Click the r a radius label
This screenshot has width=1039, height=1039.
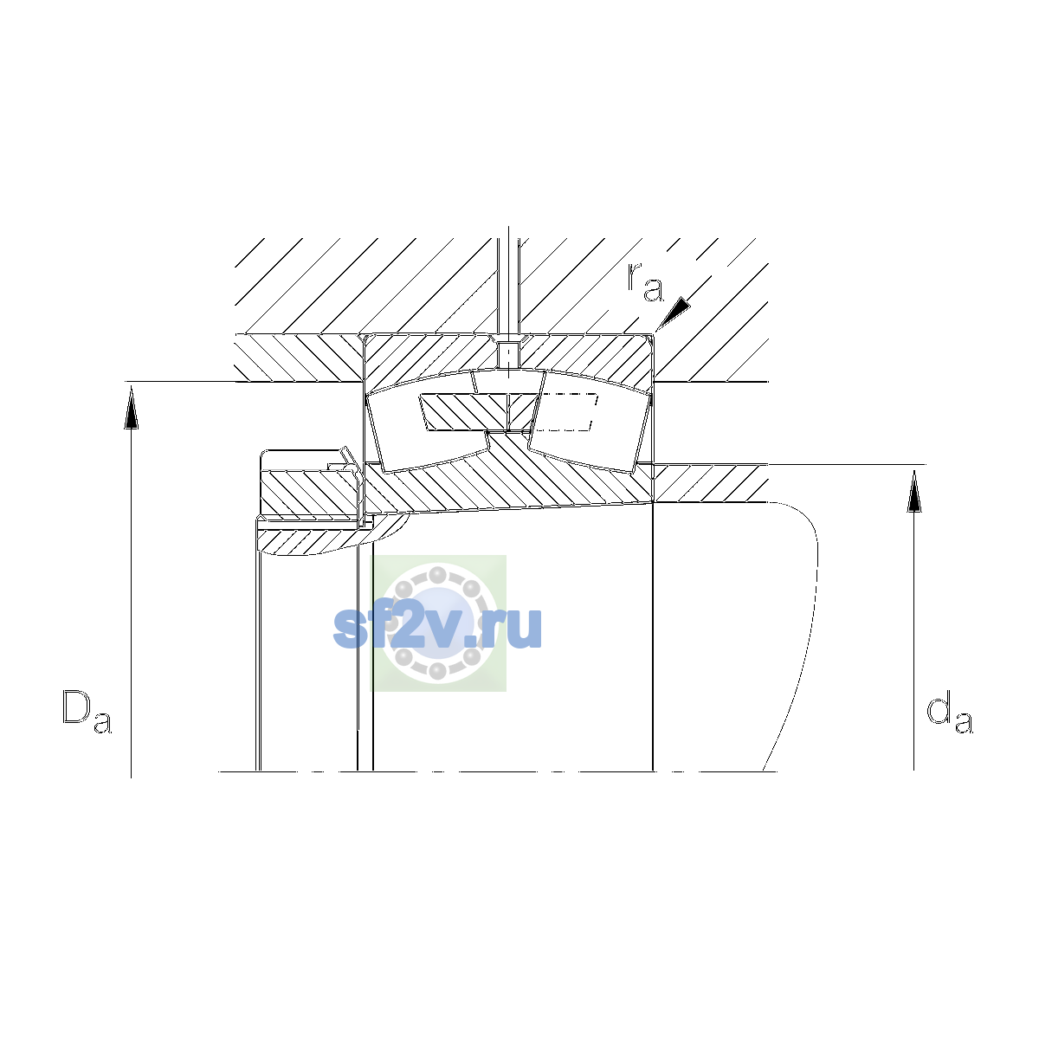(645, 282)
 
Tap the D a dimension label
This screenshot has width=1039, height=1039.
(87, 713)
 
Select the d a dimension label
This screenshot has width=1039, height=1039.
(950, 714)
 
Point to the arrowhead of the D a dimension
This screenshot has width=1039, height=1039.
(131, 409)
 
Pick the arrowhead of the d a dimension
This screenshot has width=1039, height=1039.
(914, 491)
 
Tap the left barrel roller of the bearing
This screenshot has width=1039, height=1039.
(429, 422)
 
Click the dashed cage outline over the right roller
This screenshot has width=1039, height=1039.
(567, 412)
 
